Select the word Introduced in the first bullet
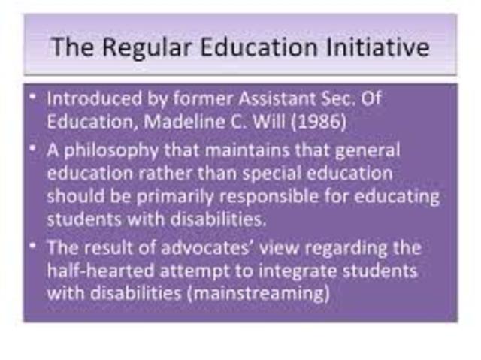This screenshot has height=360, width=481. tap(85, 99)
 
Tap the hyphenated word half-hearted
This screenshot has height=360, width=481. tap(99, 270)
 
